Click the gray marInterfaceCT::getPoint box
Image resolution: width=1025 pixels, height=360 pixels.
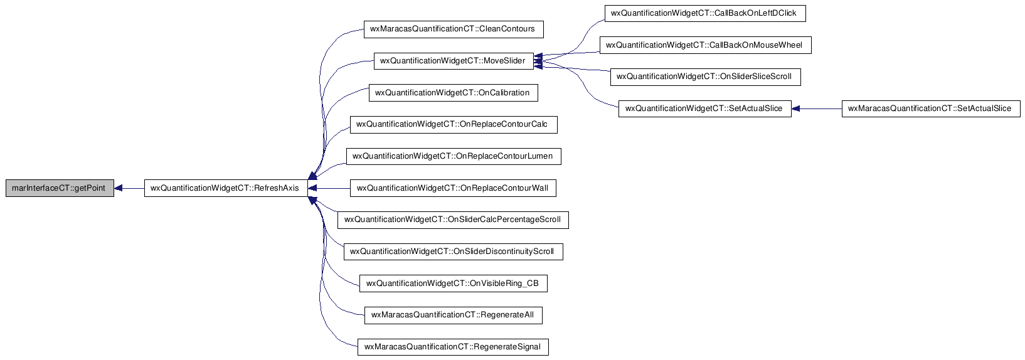click(x=60, y=188)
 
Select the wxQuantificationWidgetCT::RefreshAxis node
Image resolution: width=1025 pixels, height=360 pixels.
click(x=226, y=188)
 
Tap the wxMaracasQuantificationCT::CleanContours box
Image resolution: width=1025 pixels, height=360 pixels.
click(x=454, y=29)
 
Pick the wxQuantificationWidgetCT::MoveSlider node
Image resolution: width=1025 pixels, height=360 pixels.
click(x=454, y=61)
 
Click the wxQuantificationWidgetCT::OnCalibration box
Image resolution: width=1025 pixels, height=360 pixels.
click(x=454, y=93)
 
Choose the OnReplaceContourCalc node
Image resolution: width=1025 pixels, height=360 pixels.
click(x=454, y=124)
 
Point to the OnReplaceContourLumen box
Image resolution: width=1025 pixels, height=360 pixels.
click(x=454, y=156)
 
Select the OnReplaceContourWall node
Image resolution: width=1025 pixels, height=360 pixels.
click(x=453, y=188)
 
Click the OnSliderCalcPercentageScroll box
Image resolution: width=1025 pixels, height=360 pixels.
click(x=453, y=220)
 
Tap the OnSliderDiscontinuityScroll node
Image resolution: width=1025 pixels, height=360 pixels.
click(x=454, y=251)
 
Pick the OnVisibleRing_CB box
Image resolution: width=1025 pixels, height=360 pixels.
click(x=454, y=283)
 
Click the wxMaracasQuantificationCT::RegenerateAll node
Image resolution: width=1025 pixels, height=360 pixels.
click(x=454, y=315)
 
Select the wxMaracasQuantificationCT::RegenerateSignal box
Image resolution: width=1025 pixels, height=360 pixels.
click(x=453, y=347)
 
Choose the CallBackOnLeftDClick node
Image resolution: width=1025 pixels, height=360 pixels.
click(x=705, y=13)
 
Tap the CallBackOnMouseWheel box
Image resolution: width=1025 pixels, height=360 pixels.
click(x=706, y=45)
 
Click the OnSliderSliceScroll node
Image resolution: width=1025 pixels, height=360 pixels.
click(x=706, y=77)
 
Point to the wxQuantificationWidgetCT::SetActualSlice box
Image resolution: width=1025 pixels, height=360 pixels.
click(x=704, y=109)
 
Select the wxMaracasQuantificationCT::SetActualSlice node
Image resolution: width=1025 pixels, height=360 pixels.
click(x=931, y=109)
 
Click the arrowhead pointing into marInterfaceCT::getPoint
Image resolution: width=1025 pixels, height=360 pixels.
click(x=118, y=188)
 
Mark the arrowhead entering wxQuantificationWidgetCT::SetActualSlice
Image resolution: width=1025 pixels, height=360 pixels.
click(x=795, y=109)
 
